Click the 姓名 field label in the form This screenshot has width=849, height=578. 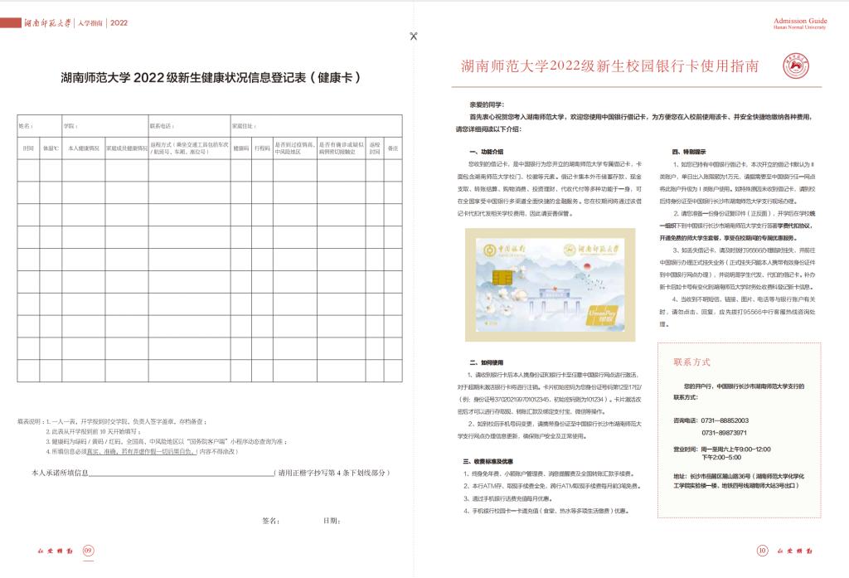click(25, 127)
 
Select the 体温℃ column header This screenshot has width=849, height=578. click(51, 148)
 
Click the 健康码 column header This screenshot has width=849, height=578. click(241, 148)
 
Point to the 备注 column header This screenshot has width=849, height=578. click(393, 148)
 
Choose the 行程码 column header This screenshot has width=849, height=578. click(262, 148)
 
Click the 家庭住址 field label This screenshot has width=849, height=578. click(244, 127)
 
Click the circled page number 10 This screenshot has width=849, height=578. click(762, 549)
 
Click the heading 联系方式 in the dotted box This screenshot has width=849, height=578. click(692, 362)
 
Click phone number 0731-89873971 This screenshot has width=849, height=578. click(725, 432)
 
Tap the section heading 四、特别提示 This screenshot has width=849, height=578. click(689, 153)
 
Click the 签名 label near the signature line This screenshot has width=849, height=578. click(270, 521)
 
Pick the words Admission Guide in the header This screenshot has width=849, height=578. click(799, 20)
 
